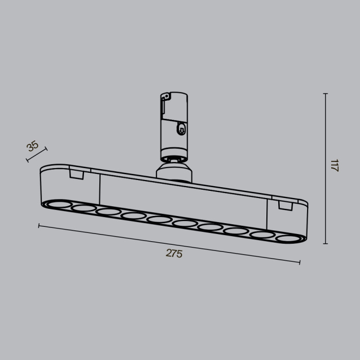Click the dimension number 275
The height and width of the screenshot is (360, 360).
click(x=174, y=254)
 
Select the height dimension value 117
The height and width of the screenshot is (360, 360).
click(x=335, y=166)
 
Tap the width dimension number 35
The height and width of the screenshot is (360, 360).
click(x=33, y=146)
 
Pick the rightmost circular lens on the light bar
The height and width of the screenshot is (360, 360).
click(x=286, y=238)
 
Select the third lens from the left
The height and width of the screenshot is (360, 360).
click(x=108, y=212)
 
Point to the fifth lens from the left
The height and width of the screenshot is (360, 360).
click(x=159, y=220)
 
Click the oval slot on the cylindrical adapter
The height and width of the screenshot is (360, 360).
click(x=181, y=129)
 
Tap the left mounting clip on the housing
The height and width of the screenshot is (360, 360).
click(x=77, y=175)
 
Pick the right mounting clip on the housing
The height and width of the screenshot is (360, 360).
click(x=284, y=205)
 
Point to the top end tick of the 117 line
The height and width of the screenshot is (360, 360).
click(x=325, y=94)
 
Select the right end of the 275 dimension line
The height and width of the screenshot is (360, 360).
click(x=300, y=262)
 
